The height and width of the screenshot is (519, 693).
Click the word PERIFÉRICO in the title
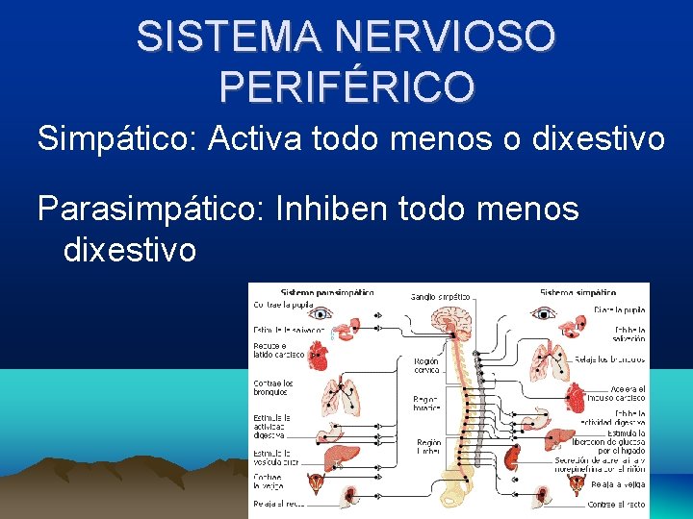346,86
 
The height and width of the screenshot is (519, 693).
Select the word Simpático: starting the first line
115,139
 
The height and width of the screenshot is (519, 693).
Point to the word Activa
261,139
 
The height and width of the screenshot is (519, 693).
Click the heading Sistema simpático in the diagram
577,291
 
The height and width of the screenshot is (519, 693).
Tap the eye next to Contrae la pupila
322,312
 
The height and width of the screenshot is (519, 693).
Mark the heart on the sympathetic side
576,396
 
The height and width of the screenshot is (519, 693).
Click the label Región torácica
425,403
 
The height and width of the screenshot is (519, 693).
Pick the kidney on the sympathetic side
512,456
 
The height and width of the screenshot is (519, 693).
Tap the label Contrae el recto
616,504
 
